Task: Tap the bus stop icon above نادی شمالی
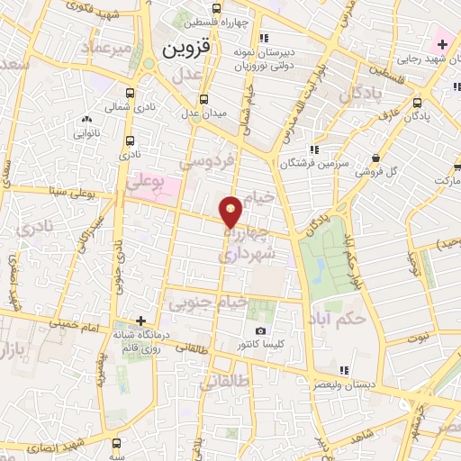click(131, 92)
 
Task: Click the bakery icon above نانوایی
click(87, 120)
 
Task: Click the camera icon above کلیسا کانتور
click(261, 332)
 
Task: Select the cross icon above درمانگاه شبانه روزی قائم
click(140, 321)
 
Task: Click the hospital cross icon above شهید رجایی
click(442, 44)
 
